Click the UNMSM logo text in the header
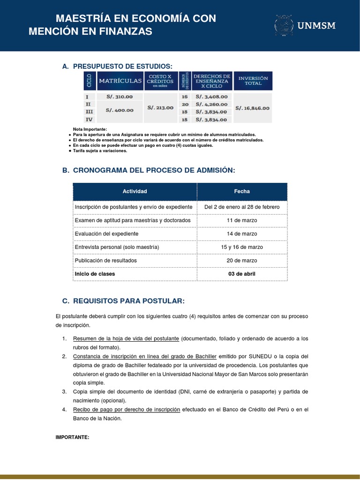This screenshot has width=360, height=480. coord(317,26)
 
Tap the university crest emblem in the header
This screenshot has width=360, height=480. coord(284,26)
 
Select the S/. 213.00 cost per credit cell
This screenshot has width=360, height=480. coord(160,107)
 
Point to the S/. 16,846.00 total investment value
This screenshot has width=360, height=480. coord(253,108)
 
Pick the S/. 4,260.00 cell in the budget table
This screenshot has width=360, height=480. coord(211,104)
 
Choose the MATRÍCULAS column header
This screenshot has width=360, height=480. coord(120,81)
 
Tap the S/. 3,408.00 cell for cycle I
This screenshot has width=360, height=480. coord(211,97)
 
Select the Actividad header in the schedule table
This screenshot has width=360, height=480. coord(135,191)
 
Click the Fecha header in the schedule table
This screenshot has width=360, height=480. coord(242,191)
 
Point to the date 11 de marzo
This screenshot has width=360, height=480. coord(242,220)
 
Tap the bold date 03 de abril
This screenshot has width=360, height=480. coord(242,274)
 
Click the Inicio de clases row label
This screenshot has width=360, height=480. coord(95,274)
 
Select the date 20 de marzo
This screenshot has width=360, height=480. coord(242,260)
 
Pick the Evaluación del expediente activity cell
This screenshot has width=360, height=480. coord(106,233)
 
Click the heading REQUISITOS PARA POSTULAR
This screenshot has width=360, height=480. coord(127,300)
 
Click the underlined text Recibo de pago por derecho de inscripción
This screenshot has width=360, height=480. coord(127,410)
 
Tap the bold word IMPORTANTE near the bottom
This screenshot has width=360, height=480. coord(72,437)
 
